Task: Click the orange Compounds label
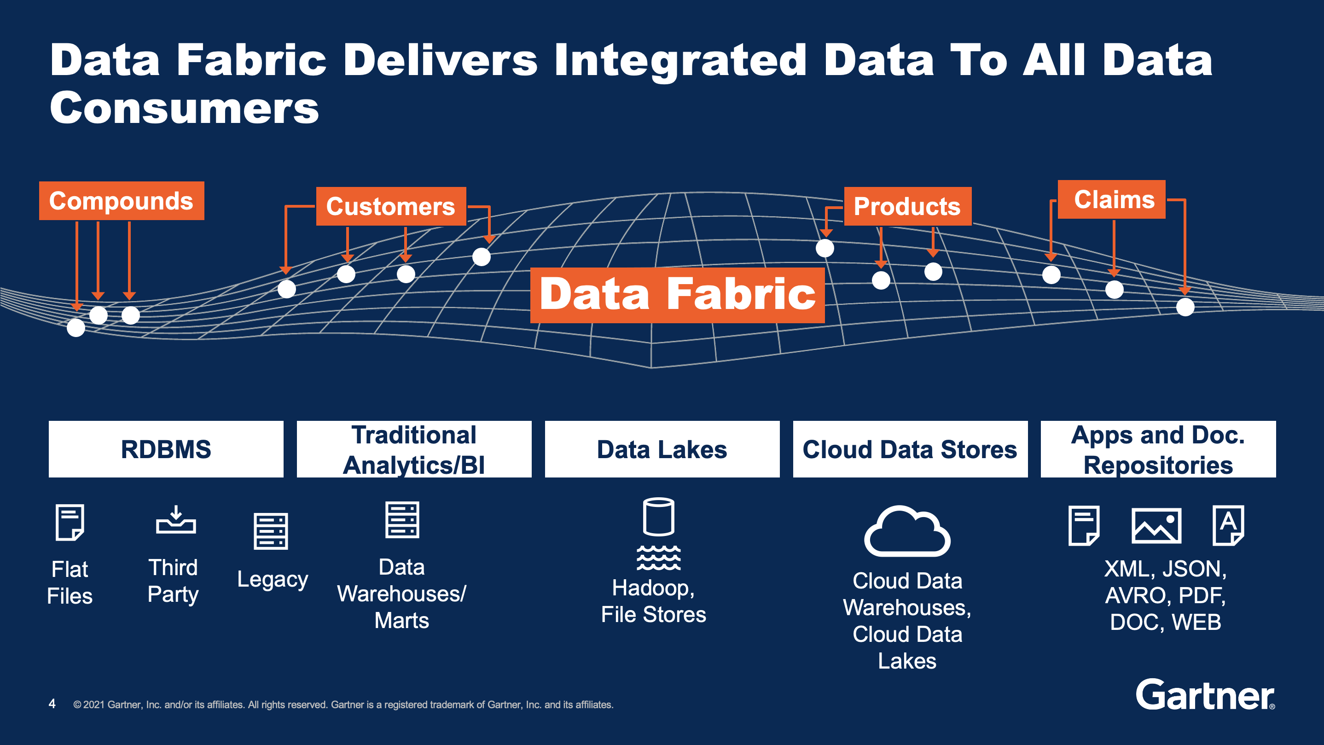point(121,201)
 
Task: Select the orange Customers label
point(391,206)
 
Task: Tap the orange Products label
point(907,206)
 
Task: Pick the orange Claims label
point(1111,199)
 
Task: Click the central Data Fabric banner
point(677,295)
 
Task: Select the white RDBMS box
point(166,449)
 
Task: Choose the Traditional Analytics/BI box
point(414,449)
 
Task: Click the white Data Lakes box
point(662,449)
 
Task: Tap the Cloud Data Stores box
point(910,449)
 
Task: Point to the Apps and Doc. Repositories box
point(1158,449)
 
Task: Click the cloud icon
point(907,532)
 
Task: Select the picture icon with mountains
point(1156,525)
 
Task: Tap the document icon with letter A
point(1228,525)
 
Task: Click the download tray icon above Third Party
point(176,520)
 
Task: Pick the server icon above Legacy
point(271,531)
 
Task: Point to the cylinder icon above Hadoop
point(658,517)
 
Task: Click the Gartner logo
point(1205,695)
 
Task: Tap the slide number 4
point(52,704)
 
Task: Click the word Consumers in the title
point(185,108)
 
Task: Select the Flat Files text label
point(70,582)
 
